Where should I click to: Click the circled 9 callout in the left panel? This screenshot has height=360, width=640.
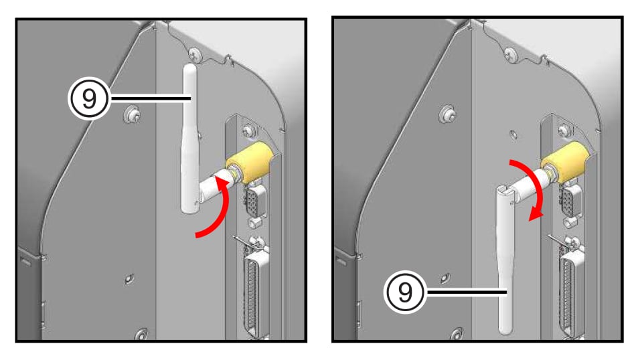point(89,98)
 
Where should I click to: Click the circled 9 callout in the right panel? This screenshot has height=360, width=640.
point(405,292)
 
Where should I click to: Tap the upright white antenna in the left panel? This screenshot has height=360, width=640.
point(189,139)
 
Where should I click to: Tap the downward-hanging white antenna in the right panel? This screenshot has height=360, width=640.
point(506,260)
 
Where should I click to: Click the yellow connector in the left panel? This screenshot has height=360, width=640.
point(250,162)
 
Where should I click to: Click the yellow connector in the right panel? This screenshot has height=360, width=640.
point(566,161)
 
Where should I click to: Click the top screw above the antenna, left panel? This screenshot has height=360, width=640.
point(194,54)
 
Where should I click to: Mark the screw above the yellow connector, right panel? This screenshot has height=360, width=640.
point(564,130)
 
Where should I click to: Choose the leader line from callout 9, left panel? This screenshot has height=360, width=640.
point(151,98)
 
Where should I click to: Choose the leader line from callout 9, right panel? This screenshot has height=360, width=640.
point(467,292)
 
